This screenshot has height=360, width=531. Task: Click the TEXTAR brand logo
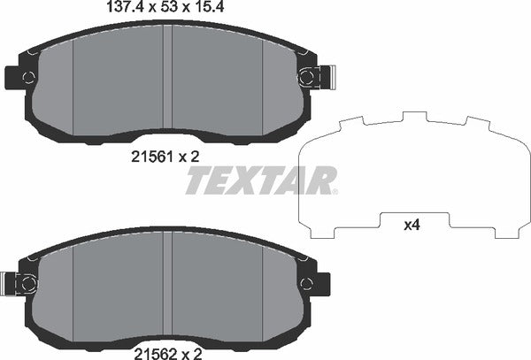coord(260,180)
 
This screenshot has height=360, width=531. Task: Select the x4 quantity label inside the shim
coord(412,226)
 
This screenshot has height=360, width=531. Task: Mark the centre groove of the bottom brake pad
coord(167,283)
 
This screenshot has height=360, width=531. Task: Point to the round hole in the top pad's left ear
coord(28,77)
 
